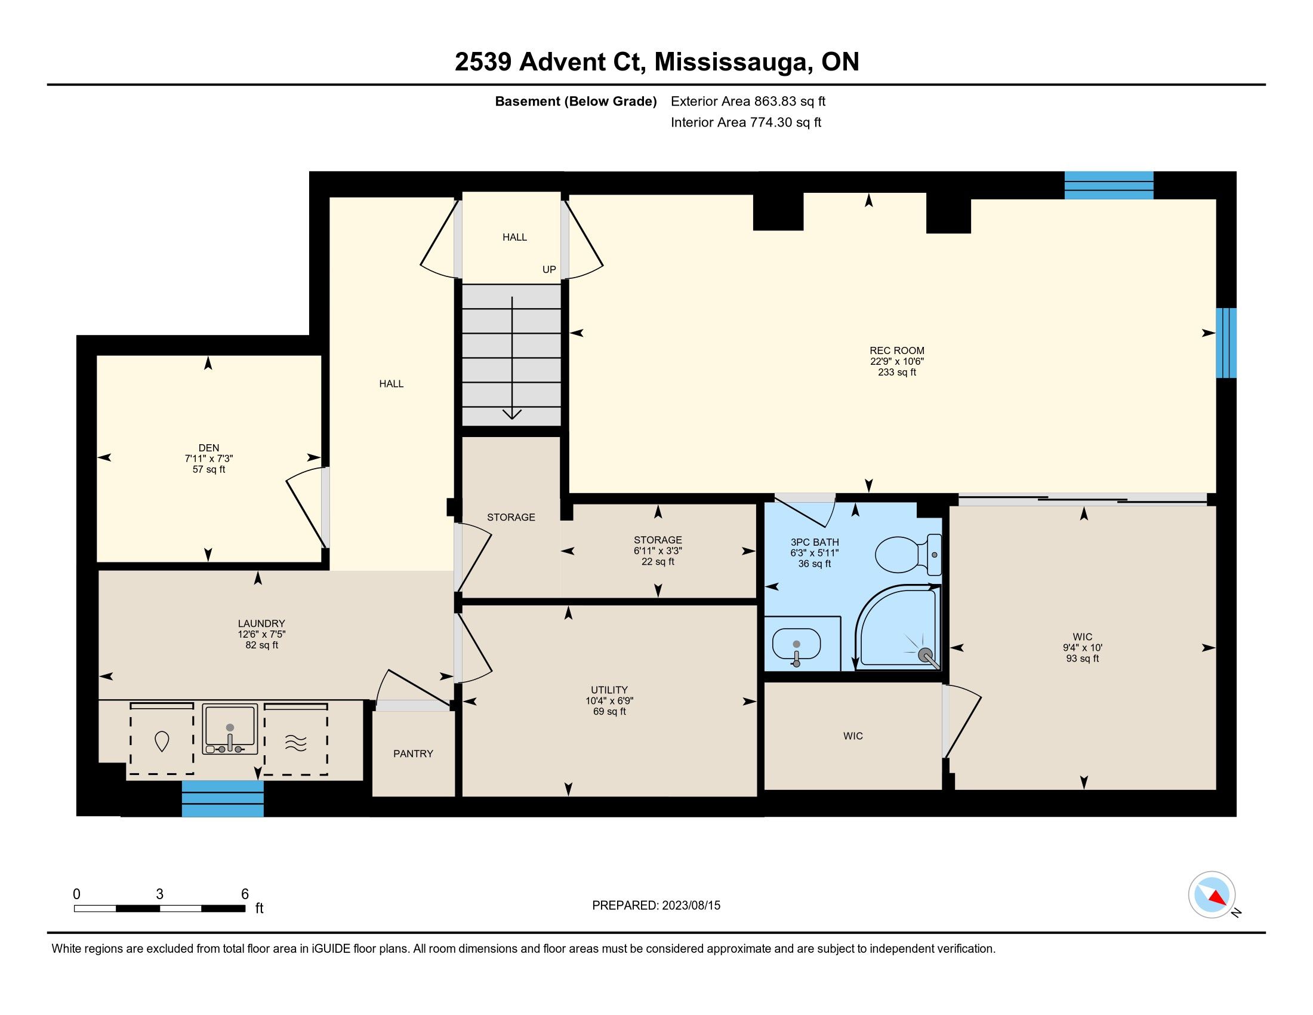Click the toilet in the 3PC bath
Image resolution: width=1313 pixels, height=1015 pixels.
(908, 555)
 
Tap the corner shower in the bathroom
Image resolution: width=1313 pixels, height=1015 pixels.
(897, 628)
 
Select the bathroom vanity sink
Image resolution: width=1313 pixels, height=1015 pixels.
(796, 645)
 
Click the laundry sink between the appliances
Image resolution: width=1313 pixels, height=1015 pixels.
(230, 729)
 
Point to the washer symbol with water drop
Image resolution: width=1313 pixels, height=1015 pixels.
(161, 739)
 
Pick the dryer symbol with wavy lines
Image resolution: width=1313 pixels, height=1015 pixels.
(296, 739)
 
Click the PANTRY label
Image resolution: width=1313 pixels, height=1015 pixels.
(413, 753)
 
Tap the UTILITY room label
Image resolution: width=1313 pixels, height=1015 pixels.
(609, 690)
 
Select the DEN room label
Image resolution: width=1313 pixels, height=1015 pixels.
(209, 447)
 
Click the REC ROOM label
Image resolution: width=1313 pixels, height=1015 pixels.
(897, 350)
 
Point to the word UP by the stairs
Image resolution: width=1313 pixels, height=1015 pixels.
(549, 269)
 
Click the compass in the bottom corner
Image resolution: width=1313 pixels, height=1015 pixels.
(1212, 895)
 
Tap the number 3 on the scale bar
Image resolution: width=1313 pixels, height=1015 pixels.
(159, 894)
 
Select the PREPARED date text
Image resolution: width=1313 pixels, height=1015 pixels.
(656, 905)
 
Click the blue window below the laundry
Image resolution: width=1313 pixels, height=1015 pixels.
(223, 798)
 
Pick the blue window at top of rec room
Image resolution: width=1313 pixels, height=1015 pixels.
(1109, 185)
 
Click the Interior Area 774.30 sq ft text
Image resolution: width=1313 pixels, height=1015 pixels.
(746, 122)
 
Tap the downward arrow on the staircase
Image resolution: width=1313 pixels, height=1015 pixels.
(511, 357)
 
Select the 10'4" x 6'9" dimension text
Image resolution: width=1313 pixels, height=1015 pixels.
(609, 700)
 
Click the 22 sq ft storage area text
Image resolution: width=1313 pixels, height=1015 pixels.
(658, 562)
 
